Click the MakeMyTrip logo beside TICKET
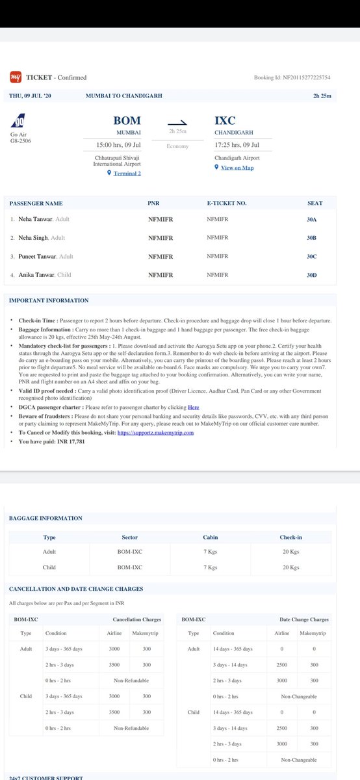coord(16,77)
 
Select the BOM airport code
coord(127,120)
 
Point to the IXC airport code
coord(225,120)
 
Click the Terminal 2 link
coord(127,174)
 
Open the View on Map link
coord(237,168)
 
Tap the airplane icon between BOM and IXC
coord(177,122)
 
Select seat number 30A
coord(311,220)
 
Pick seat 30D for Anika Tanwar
coord(311,275)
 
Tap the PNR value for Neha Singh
coord(161,238)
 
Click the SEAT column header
coord(315,203)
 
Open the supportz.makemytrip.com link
coord(157,415)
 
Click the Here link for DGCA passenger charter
coord(194,389)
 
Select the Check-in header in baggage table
coord(290,538)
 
